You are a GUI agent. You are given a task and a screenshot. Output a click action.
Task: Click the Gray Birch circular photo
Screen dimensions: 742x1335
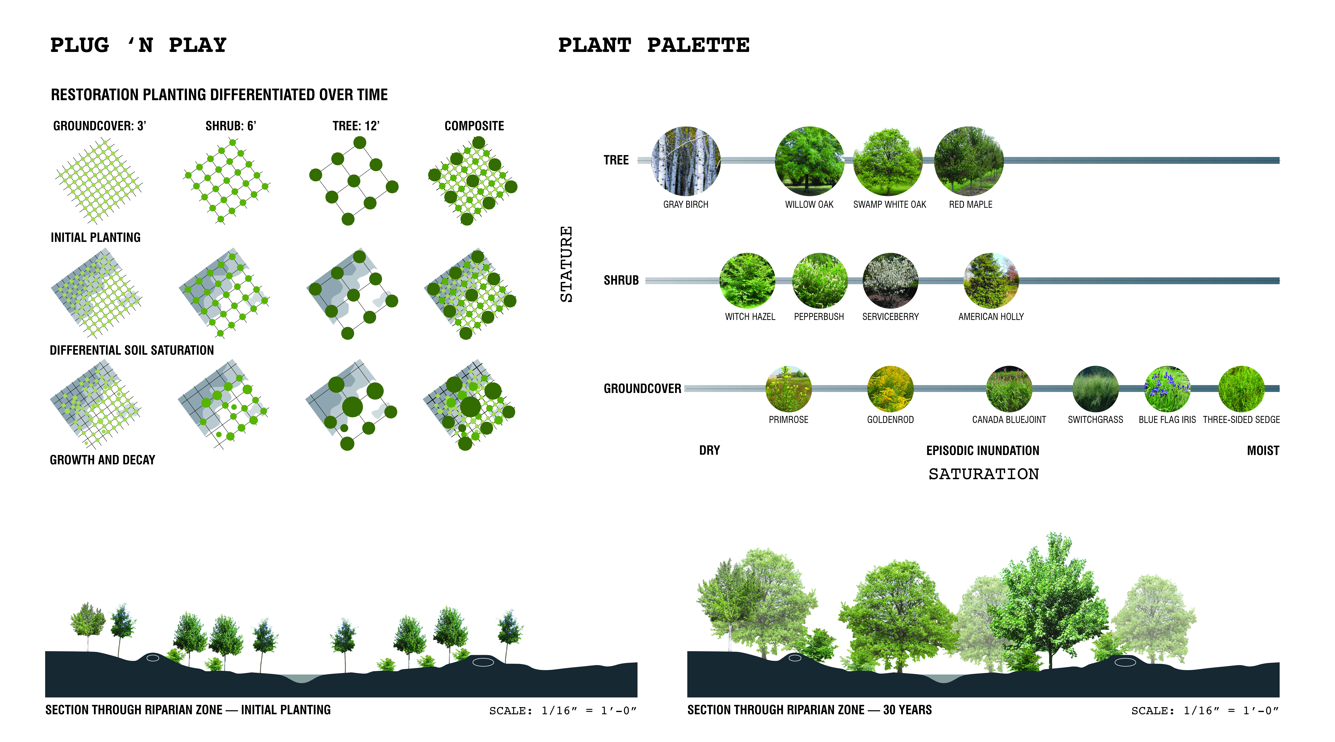tap(686, 161)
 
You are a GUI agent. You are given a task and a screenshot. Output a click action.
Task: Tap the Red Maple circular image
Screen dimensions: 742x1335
tap(969, 161)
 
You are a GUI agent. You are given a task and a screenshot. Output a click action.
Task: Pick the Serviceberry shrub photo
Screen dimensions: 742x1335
tap(890, 280)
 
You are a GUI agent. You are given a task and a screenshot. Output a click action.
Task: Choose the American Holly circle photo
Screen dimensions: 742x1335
tap(991, 280)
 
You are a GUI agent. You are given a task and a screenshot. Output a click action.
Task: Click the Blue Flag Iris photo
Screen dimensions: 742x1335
tap(1167, 388)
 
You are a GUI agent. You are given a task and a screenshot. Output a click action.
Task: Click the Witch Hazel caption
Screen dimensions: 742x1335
tap(750, 316)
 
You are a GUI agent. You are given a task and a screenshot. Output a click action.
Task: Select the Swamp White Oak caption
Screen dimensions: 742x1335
tap(889, 204)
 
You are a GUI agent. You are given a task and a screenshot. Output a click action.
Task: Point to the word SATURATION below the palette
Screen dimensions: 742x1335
tap(983, 474)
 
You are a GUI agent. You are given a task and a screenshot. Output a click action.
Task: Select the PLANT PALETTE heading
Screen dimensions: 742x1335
tap(654, 46)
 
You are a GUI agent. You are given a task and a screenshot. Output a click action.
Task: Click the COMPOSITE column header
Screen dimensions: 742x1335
tap(474, 126)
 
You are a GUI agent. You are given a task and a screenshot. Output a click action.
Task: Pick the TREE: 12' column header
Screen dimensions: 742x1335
tap(356, 126)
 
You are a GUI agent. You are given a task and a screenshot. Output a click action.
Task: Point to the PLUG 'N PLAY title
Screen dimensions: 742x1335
tap(138, 46)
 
